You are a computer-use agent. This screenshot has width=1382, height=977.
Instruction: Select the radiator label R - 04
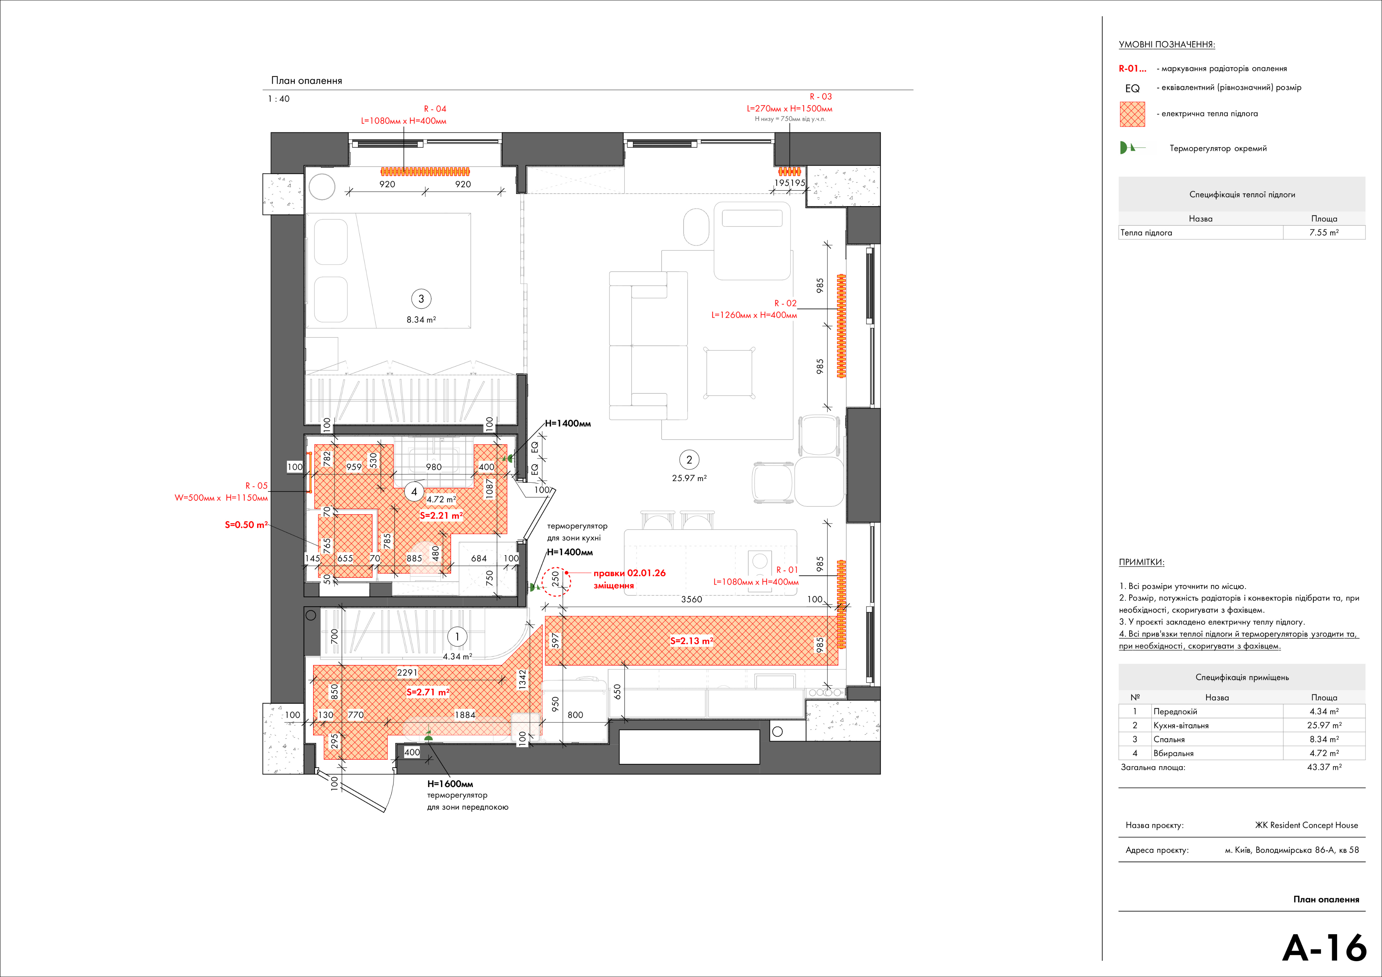click(435, 109)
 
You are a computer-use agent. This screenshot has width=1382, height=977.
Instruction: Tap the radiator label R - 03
click(821, 96)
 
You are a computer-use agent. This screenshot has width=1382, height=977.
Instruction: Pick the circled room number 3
click(421, 299)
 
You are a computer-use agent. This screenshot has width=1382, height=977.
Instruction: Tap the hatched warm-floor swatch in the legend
click(1132, 114)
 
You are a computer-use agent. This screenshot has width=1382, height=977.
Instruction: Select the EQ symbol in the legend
click(1132, 88)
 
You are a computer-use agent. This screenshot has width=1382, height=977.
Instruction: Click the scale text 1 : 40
click(279, 99)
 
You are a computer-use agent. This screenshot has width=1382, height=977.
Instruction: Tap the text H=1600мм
click(450, 784)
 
